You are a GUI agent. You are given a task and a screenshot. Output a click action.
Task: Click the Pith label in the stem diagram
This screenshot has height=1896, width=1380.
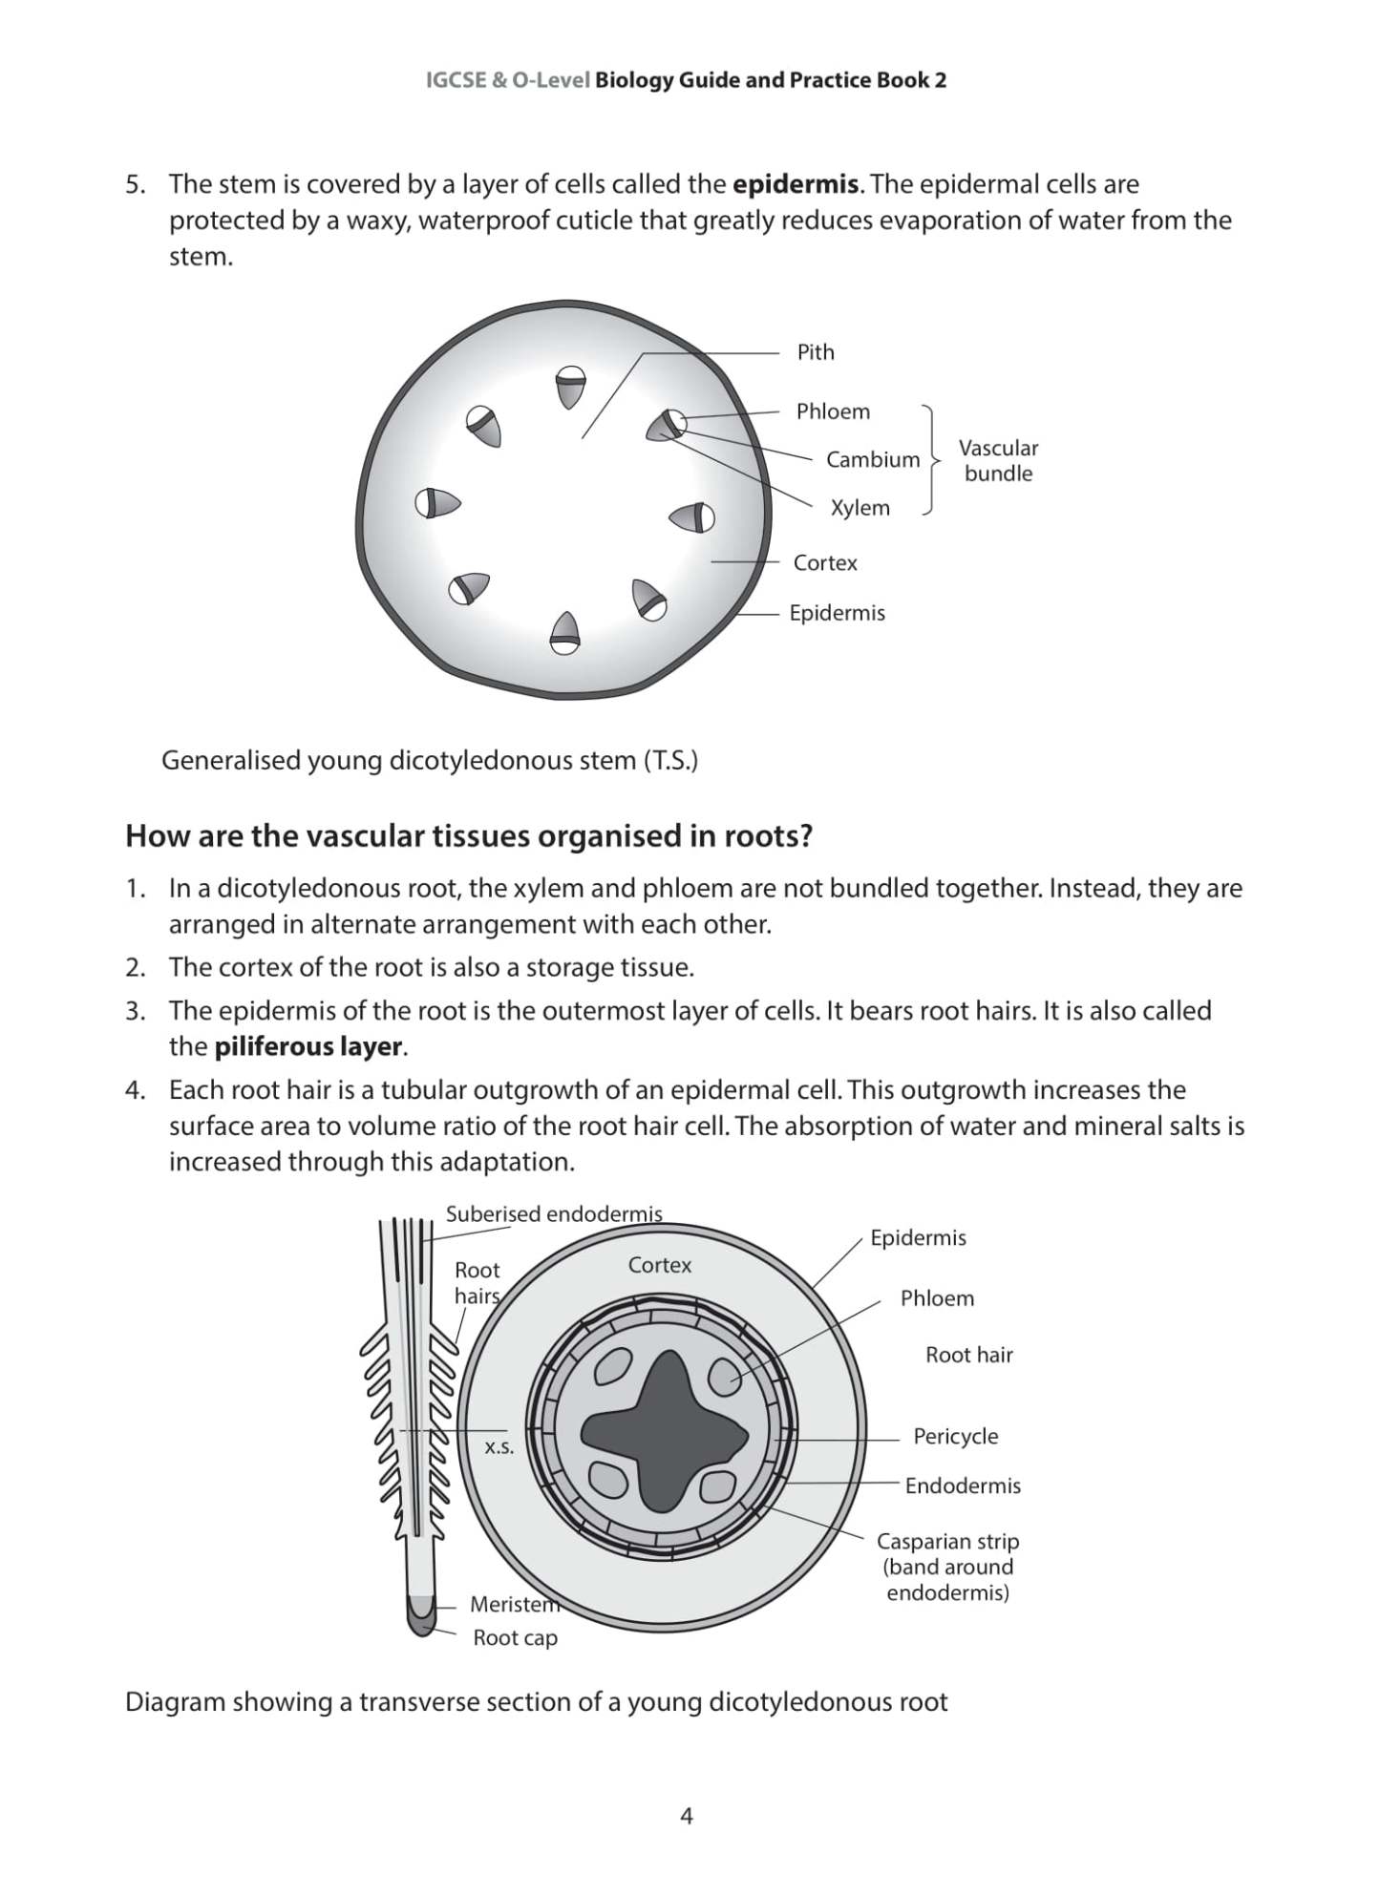[815, 352]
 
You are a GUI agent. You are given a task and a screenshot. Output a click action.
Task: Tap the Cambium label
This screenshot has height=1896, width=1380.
[872, 460]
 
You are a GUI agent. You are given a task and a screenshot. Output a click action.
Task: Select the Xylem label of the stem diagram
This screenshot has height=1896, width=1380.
[860, 508]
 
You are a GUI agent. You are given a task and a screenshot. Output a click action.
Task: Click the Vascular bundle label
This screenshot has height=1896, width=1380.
[998, 460]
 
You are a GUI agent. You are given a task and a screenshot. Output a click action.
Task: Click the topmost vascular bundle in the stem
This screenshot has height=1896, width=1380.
[569, 386]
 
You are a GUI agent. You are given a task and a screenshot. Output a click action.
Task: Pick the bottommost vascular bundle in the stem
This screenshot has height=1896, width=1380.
[565, 633]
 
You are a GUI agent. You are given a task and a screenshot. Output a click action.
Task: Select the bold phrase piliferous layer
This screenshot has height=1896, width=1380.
[308, 1047]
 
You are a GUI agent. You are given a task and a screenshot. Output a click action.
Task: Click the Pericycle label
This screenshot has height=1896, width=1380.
[955, 1437]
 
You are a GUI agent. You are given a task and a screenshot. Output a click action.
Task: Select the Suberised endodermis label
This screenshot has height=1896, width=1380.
[553, 1214]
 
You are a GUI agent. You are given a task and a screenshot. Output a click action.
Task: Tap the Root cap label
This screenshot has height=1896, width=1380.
[515, 1638]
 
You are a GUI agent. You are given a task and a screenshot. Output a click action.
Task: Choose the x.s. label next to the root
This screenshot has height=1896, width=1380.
[499, 1447]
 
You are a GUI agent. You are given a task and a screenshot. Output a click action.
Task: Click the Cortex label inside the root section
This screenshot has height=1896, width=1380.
[659, 1265]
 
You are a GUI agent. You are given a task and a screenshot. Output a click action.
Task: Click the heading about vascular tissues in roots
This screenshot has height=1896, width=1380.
[469, 836]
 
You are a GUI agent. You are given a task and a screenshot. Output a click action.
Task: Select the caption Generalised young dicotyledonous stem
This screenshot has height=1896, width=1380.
[429, 761]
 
